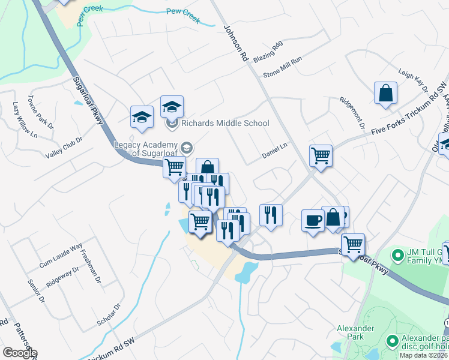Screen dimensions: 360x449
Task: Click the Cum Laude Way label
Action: tap(61, 256)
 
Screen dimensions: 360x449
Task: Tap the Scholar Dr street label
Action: tap(109, 315)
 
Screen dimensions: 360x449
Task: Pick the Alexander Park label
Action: tap(355, 333)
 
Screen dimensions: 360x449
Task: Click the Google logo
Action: tap(19, 352)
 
